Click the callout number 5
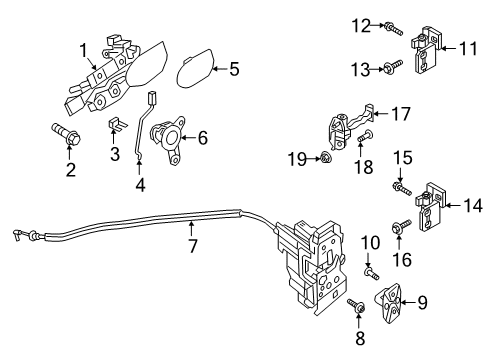234,69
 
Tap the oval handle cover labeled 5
195,68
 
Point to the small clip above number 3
117,124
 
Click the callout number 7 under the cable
193,246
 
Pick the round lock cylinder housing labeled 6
169,140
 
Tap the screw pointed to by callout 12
394,29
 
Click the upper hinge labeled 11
426,50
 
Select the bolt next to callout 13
393,66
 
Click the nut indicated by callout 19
325,157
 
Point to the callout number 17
401,114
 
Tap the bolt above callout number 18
365,135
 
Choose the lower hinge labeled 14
430,207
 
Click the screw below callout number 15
402,189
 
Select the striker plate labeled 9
389,303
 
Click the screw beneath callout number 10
372,274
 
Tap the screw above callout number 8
356,306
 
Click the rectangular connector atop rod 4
152,97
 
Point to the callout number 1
83,51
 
